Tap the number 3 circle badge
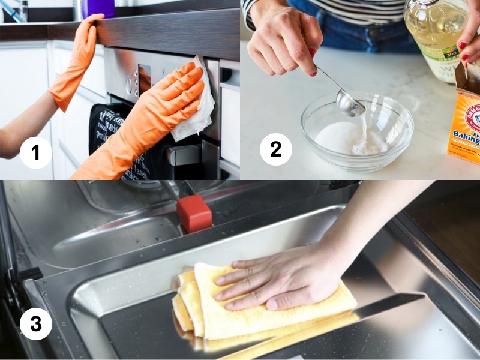point(35,324)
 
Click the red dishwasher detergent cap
point(194,214)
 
